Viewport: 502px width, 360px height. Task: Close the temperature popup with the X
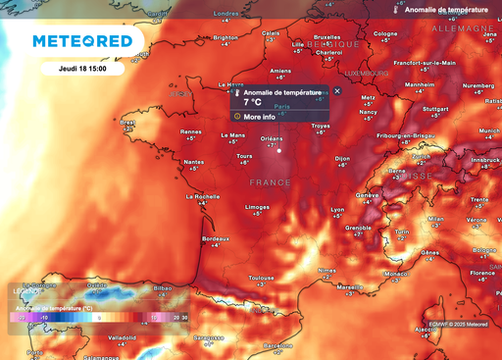click(x=337, y=90)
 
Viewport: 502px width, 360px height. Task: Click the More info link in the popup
click(x=260, y=117)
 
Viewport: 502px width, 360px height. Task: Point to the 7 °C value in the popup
click(x=253, y=101)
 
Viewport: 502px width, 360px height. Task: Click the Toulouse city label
click(x=261, y=278)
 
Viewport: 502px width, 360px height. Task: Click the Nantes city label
click(x=194, y=162)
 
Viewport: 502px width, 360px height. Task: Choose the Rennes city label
click(x=191, y=131)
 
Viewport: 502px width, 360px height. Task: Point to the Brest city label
click(x=127, y=123)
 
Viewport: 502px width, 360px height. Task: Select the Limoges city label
click(x=258, y=207)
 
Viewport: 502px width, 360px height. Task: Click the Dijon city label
click(x=342, y=157)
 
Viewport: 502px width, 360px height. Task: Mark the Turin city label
click(x=400, y=231)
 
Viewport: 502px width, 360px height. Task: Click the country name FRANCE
click(x=270, y=183)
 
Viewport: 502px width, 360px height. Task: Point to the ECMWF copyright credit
click(x=457, y=350)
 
